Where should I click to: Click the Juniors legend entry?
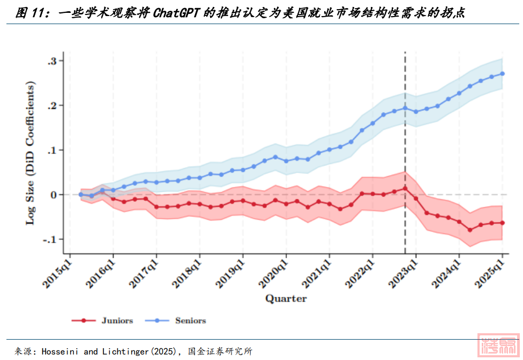[117, 320]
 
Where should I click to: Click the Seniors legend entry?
[190, 320]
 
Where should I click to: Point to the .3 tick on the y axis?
[53, 61]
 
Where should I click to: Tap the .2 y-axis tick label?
[53, 106]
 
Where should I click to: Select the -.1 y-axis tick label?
[51, 239]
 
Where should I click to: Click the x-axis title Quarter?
[286, 298]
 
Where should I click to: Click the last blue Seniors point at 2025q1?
[503, 74]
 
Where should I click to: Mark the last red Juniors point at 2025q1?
[503, 223]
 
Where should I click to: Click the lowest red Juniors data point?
[470, 230]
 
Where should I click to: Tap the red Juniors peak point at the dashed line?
[405, 188]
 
